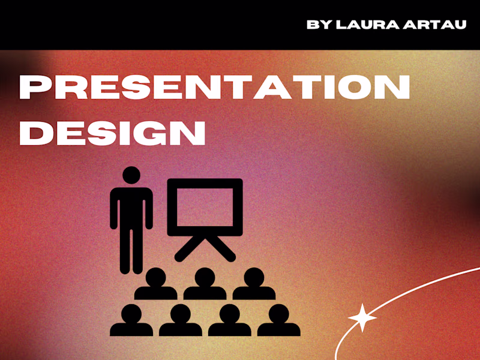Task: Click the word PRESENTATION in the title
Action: coord(214,88)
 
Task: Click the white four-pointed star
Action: coord(362,317)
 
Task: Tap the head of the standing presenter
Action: coord(131,175)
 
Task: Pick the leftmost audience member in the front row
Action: coord(131,321)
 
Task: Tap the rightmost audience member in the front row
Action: coord(278,321)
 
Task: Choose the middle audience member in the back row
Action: coord(205,284)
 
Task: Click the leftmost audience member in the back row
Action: coord(155,284)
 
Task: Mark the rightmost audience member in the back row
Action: coord(254,284)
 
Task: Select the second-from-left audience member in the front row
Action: coord(180,321)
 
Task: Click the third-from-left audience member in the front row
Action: coord(229,321)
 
